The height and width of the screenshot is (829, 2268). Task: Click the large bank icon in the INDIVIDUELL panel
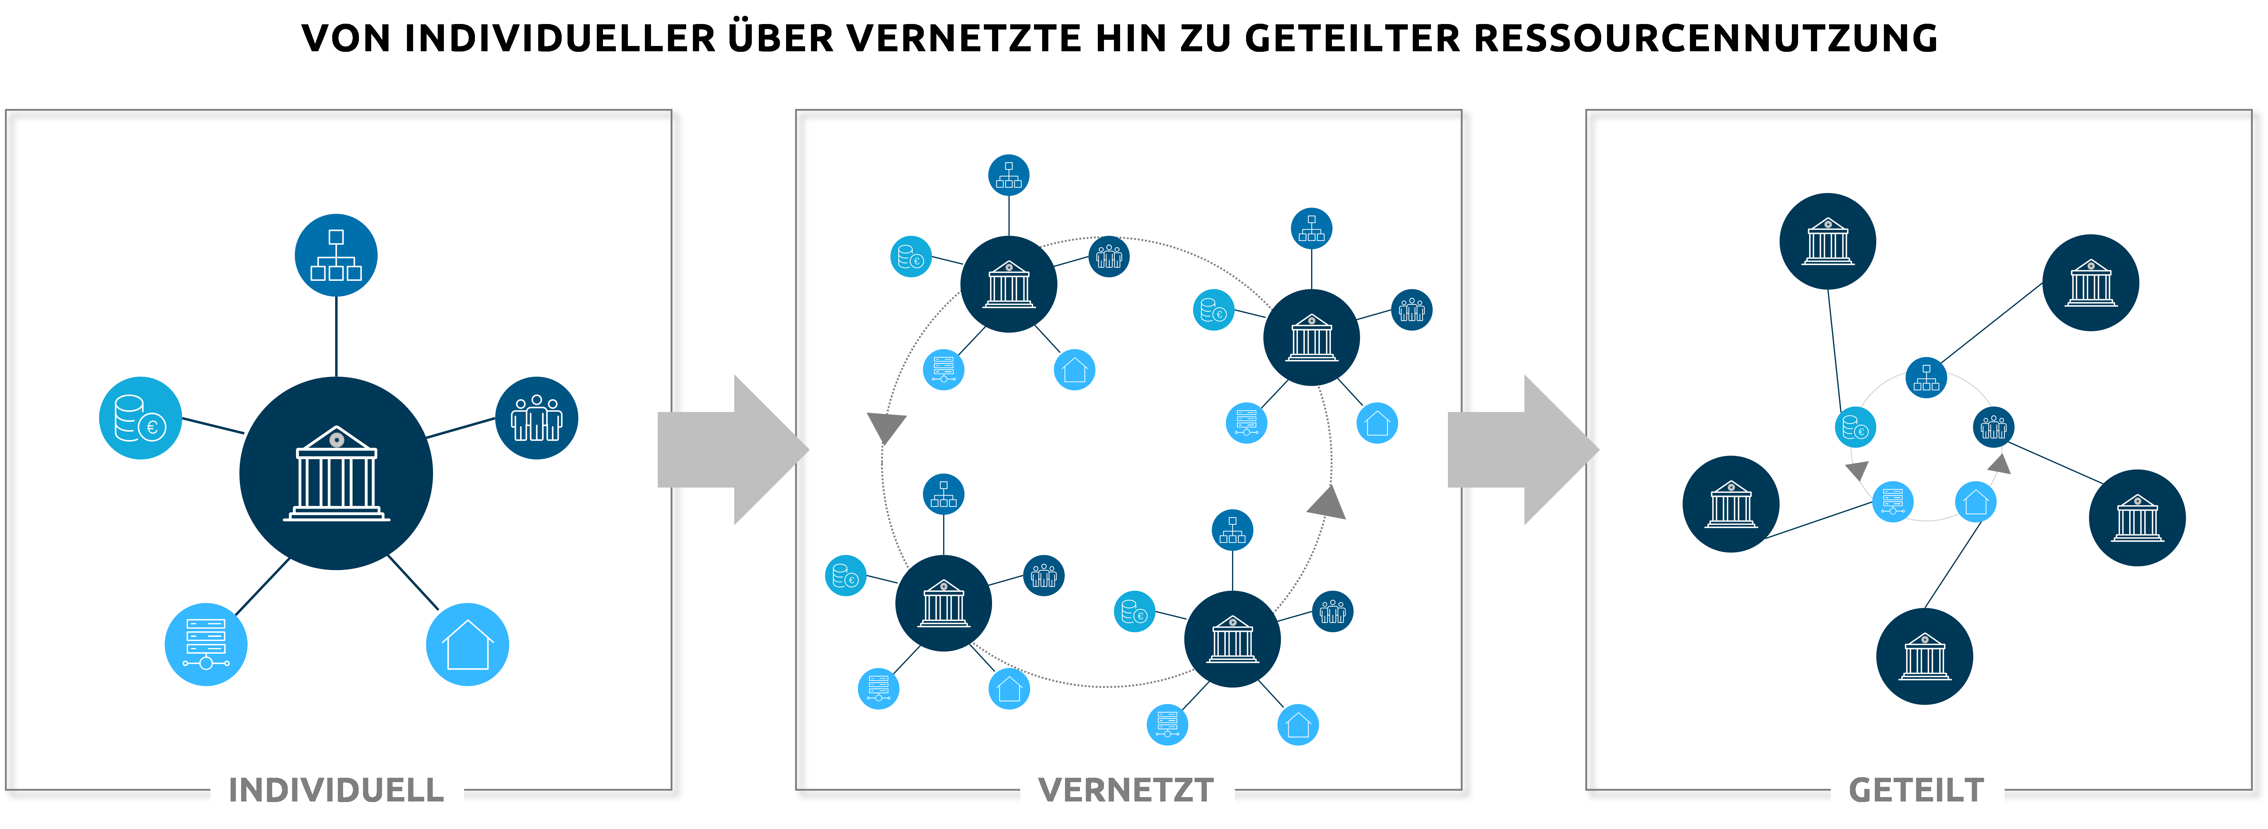(336, 474)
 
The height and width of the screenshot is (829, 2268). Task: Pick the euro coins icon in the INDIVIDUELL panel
(141, 418)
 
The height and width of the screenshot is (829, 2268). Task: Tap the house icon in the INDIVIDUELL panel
(468, 644)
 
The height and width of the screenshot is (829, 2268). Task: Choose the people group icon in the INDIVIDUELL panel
(536, 418)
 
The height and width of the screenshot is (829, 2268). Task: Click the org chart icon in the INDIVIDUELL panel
(336, 255)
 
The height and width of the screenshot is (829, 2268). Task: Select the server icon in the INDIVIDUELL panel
(206, 644)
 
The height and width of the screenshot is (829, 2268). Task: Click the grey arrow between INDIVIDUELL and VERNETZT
(731, 450)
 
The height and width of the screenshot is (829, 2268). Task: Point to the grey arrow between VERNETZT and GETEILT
(1521, 450)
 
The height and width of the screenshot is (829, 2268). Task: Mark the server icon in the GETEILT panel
(1893, 502)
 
